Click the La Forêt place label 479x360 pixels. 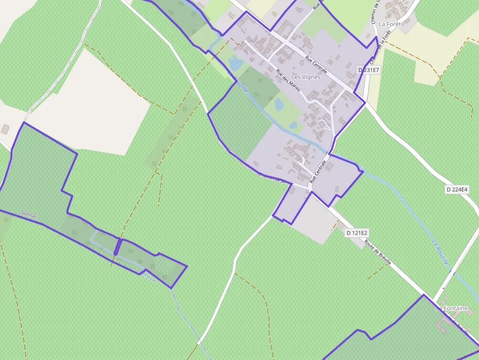click(x=390, y=23)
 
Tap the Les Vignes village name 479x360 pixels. click(x=305, y=77)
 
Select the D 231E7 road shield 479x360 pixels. click(x=369, y=70)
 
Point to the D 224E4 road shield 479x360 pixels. click(x=457, y=189)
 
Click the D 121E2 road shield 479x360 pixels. click(x=356, y=233)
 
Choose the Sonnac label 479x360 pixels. click(x=29, y=213)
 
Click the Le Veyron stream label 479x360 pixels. click(x=146, y=275)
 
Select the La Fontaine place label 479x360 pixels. click(x=452, y=308)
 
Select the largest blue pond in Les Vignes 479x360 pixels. click(x=235, y=64)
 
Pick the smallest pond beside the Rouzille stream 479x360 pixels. click(x=293, y=125)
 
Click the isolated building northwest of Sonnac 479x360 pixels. click(x=5, y=129)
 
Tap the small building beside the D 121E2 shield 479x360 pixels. click(x=340, y=226)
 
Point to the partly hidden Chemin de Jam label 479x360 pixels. click(x=274, y=178)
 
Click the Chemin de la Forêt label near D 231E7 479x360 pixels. click(x=375, y=46)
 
